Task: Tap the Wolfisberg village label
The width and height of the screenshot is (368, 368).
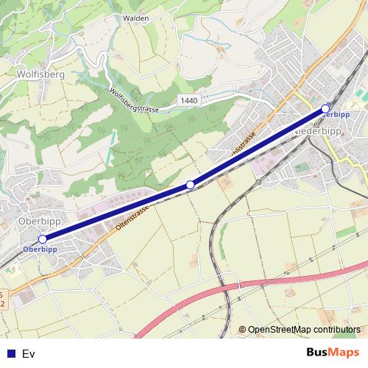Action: click(x=40, y=74)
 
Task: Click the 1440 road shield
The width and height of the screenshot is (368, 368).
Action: click(x=188, y=99)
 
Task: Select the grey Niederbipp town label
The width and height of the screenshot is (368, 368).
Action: click(x=319, y=130)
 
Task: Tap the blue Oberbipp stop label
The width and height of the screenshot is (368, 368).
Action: click(x=40, y=249)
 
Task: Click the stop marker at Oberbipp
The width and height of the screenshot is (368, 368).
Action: click(x=43, y=239)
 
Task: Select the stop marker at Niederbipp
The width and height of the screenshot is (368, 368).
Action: click(x=326, y=109)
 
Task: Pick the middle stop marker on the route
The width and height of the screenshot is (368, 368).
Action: click(x=190, y=184)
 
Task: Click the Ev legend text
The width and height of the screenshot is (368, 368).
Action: click(x=29, y=354)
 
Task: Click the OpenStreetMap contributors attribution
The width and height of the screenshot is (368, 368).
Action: click(x=304, y=329)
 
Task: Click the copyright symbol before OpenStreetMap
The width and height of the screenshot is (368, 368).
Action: click(x=243, y=329)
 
